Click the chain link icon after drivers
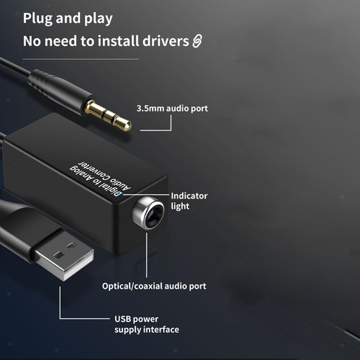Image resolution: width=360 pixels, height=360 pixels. tap(197, 41)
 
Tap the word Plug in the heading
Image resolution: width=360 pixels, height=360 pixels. tap(37, 19)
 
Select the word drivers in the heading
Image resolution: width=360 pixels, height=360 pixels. tap(166, 41)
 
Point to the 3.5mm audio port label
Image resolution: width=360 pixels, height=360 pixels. tap(172, 109)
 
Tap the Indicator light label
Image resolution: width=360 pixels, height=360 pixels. tap(189, 201)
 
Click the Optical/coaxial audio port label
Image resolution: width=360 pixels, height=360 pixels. tap(154, 286)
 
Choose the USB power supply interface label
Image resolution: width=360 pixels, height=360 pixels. tap(147, 324)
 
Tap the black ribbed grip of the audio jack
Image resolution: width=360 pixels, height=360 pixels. tap(39, 81)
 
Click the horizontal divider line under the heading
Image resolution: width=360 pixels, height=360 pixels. tap(81, 59)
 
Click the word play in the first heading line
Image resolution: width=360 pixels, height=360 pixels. tap(98, 19)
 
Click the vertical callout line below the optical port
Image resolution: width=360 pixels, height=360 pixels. tap(147, 255)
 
